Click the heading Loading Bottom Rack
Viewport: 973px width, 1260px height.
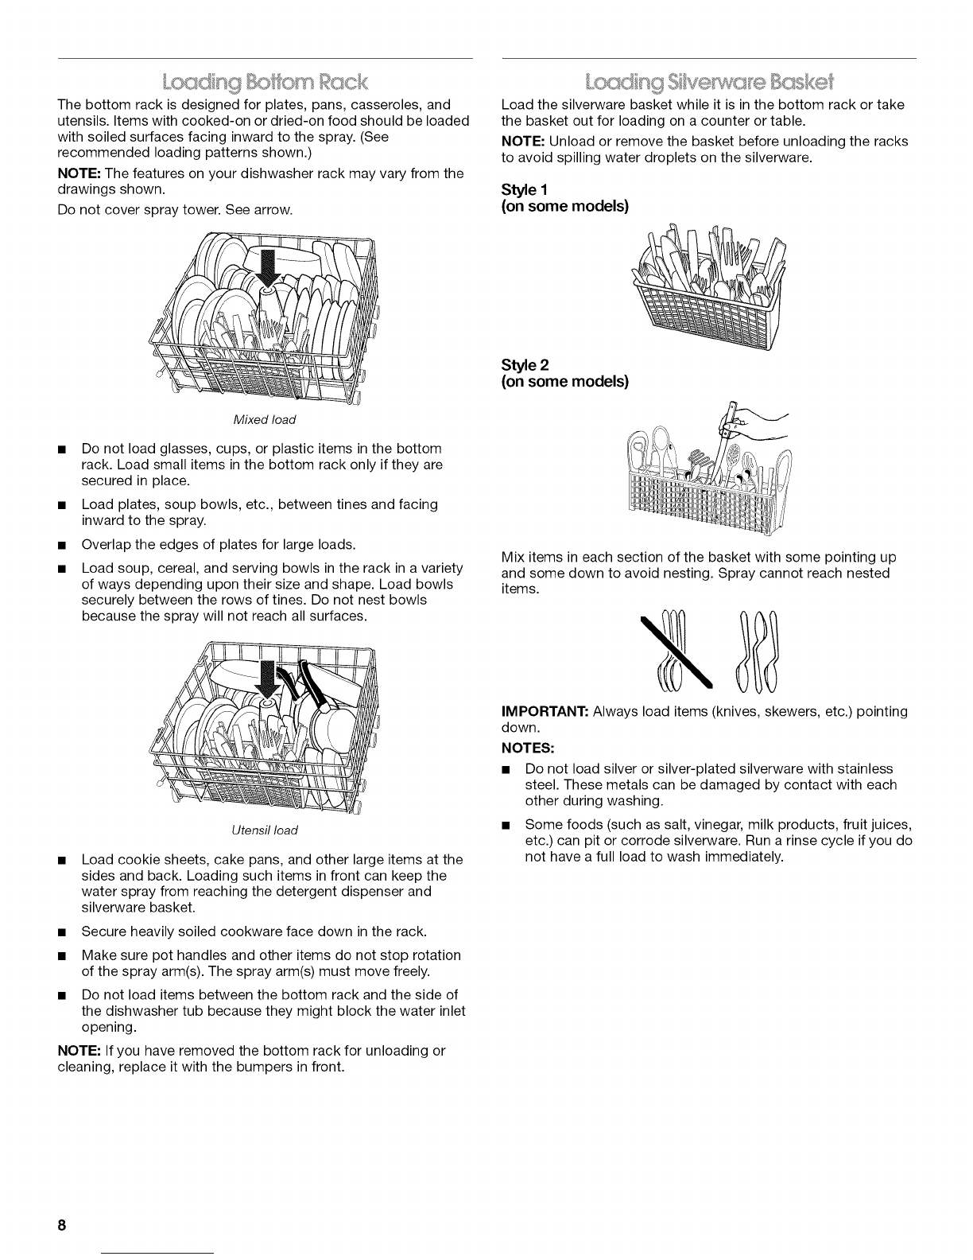(265, 83)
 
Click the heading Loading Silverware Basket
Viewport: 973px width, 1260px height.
(709, 83)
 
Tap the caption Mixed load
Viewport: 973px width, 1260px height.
(264, 419)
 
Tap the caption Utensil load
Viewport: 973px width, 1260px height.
(264, 830)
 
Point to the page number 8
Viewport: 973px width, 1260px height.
(61, 1225)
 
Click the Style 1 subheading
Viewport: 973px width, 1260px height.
(525, 189)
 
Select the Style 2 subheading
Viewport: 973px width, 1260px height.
(525, 365)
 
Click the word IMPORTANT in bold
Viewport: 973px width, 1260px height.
(545, 711)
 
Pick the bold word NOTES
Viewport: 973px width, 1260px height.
(528, 749)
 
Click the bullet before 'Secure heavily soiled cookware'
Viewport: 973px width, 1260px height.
(61, 932)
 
